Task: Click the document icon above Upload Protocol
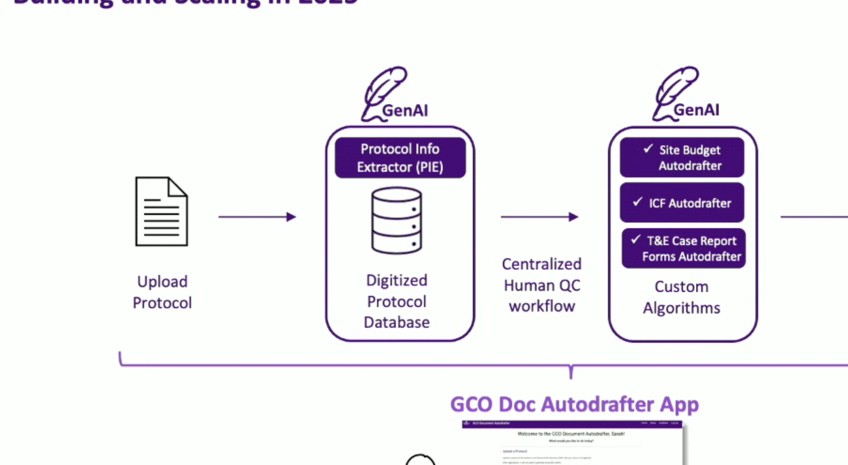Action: tap(161, 211)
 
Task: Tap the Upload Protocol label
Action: tap(162, 292)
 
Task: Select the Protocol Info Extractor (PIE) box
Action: tap(400, 158)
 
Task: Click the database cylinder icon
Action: tap(397, 220)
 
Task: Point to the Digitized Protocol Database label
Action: tap(397, 301)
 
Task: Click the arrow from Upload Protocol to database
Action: tap(257, 217)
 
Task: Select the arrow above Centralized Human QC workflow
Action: tap(539, 217)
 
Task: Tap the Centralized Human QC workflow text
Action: tap(542, 285)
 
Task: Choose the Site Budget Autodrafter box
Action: tap(682, 158)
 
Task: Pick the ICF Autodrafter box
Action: tap(682, 203)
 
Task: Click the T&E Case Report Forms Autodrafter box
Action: tap(683, 249)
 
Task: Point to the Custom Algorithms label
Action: tap(681, 297)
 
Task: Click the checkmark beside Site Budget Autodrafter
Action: tap(648, 149)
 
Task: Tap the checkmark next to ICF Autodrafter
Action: tap(638, 202)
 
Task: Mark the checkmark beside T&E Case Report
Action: tap(636, 239)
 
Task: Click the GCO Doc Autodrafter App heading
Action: tap(574, 404)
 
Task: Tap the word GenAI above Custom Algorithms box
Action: tap(696, 110)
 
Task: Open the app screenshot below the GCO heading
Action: tap(572, 442)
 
